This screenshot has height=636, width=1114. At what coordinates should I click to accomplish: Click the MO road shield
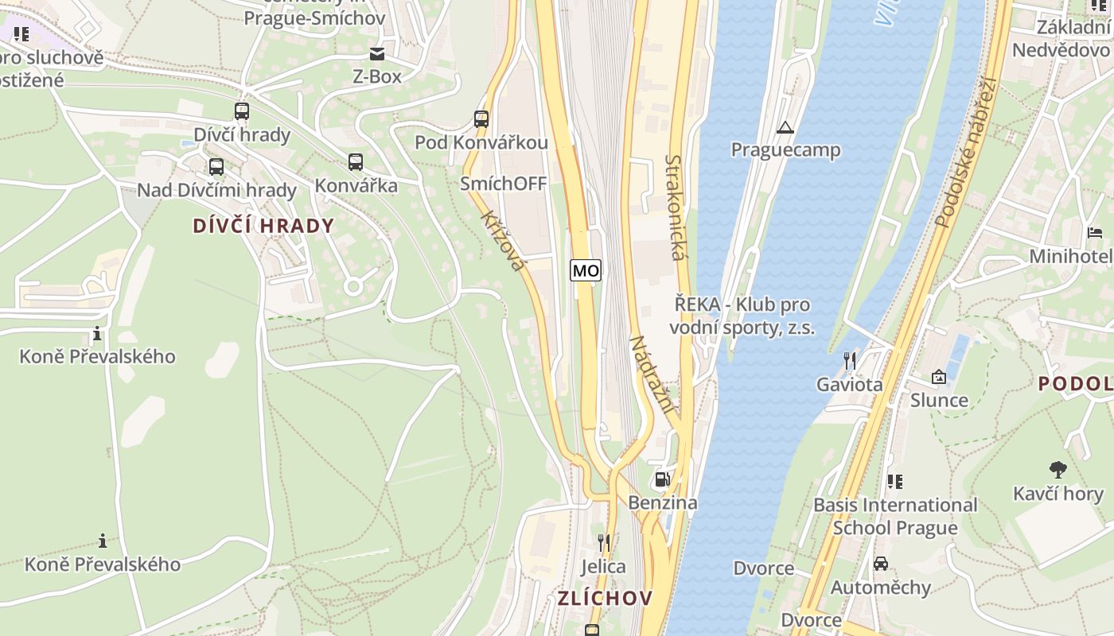click(x=586, y=270)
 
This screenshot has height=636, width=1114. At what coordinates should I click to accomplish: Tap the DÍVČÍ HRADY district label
click(x=263, y=226)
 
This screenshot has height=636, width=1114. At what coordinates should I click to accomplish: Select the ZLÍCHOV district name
click(x=605, y=598)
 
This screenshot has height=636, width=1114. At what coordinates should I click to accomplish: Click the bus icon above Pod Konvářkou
click(x=481, y=119)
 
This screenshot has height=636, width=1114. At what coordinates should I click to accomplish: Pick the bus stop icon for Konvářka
click(x=356, y=162)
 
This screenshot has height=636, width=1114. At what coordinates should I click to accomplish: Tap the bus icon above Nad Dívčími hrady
click(x=216, y=167)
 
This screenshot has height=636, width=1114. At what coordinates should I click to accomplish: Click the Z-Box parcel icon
click(x=376, y=54)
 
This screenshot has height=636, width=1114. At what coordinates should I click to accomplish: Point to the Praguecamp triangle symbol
click(x=785, y=127)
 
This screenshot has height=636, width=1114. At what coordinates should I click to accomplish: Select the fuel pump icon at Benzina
click(x=662, y=479)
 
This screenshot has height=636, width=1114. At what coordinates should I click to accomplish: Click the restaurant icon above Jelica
click(x=604, y=543)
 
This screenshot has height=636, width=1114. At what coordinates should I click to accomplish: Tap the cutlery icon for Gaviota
click(x=850, y=361)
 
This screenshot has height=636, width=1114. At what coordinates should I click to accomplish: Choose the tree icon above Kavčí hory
click(x=1058, y=470)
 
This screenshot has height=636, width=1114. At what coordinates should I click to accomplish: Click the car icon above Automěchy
click(x=881, y=564)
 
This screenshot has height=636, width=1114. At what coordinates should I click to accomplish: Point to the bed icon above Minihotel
click(x=1096, y=233)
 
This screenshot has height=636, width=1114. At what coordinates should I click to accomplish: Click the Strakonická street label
click(x=675, y=207)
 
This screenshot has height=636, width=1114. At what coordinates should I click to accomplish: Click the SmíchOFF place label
click(x=504, y=184)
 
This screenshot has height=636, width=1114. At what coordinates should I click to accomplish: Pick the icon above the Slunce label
click(x=939, y=376)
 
